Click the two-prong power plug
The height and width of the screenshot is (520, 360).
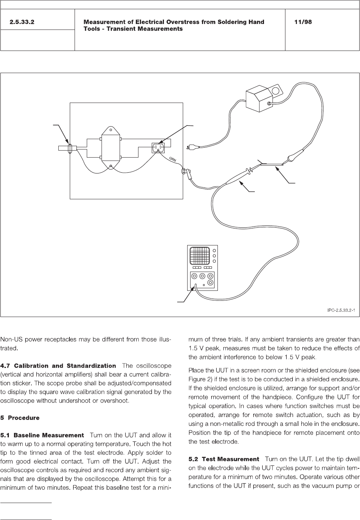tap(193, 148)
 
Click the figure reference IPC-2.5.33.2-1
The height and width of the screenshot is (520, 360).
tap(341, 310)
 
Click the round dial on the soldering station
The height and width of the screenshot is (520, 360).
tap(275, 91)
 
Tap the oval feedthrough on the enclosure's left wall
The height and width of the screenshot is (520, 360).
tap(70, 148)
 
